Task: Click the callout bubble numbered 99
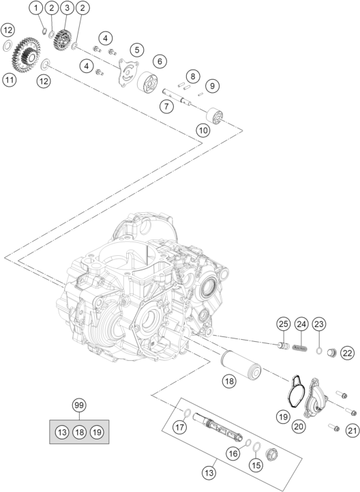coord(79,405)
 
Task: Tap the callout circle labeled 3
coord(67,8)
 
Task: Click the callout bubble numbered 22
coord(347,353)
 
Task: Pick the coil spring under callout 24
coord(299,348)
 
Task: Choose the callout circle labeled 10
coord(203,130)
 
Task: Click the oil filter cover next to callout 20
coord(315,397)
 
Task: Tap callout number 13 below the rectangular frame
coord(209,472)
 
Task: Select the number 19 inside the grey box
coord(97,433)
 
